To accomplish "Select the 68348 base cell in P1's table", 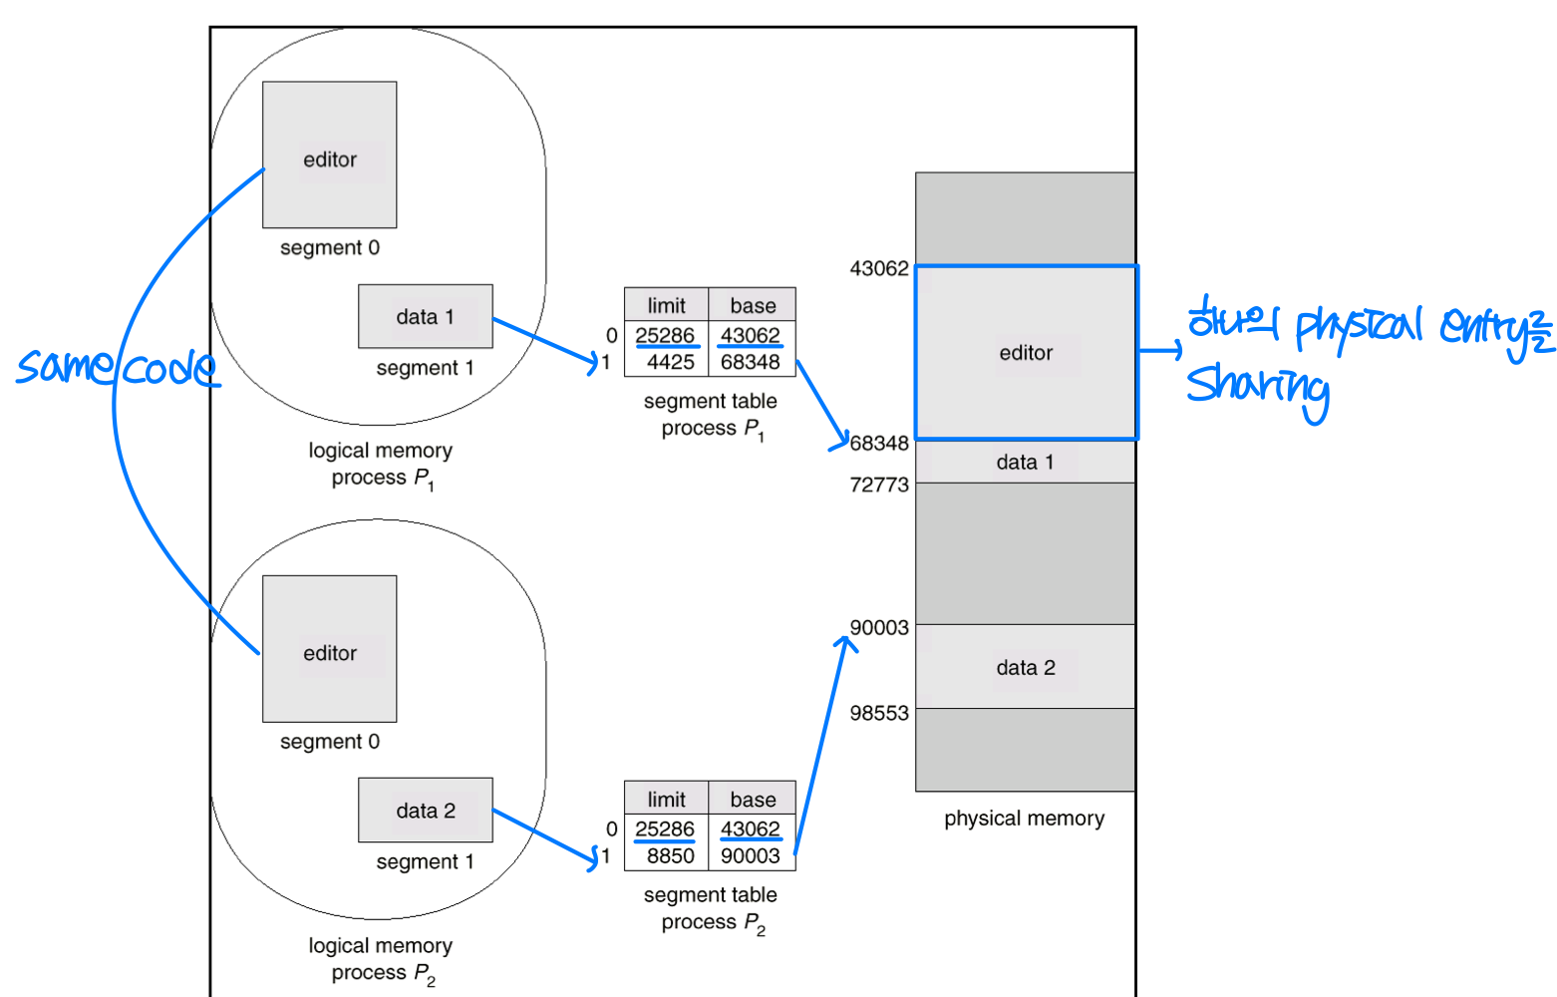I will (x=751, y=362).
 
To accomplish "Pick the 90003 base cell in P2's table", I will (x=751, y=855).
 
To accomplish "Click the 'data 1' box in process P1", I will (x=425, y=316).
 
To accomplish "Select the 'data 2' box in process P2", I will (x=425, y=810).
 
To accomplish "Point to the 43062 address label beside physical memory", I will (x=879, y=268).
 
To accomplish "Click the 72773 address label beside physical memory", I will (x=879, y=485).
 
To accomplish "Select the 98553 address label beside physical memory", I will (x=879, y=713).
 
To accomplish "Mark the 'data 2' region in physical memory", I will (x=1025, y=667).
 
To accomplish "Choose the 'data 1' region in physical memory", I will (x=1025, y=462).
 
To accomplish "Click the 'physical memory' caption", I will (x=1024, y=819).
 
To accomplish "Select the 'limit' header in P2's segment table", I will (x=666, y=799).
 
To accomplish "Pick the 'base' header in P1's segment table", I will (x=753, y=305).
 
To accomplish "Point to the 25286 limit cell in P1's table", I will (x=665, y=335).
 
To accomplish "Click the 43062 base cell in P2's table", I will (x=751, y=829).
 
